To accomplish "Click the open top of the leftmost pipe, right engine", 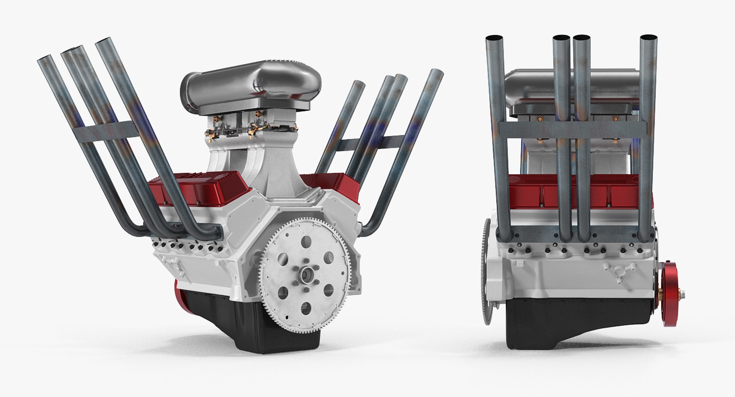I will click(x=493, y=39).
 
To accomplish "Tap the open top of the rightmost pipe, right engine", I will click(x=648, y=38).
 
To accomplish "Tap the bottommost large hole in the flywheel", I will click(x=306, y=308).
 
